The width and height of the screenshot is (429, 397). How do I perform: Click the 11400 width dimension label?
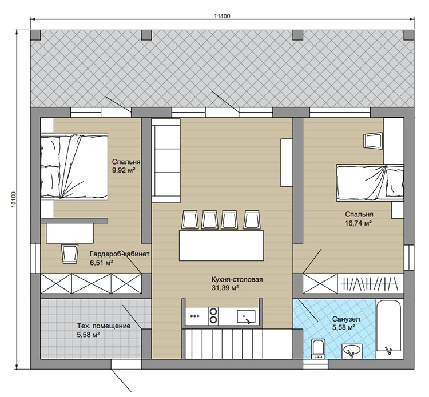tap(222, 16)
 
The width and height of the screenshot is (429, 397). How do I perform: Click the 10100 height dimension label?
tap(14, 200)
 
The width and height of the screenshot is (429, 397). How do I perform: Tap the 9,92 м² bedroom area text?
tap(124, 170)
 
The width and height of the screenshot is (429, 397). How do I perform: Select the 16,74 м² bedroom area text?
tap(358, 223)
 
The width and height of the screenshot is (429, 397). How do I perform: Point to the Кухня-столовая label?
tap(237, 279)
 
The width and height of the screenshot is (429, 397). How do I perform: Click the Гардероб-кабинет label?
tap(120, 254)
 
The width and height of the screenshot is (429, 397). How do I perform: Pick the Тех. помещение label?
tap(104, 326)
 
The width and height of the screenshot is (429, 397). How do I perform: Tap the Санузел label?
tap(346, 319)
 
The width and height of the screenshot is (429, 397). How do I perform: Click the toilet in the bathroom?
tap(318, 348)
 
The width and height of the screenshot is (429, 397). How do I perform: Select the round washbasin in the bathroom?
tap(352, 351)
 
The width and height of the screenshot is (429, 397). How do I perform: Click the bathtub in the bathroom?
tap(388, 328)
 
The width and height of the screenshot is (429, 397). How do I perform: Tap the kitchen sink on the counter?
tap(246, 316)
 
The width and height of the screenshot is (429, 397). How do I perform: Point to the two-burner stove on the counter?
tap(213, 316)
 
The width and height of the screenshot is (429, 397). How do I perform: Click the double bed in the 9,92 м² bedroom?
tap(74, 166)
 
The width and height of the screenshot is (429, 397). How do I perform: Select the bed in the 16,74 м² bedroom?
tap(370, 183)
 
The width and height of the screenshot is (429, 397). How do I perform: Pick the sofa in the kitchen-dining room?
tap(166, 161)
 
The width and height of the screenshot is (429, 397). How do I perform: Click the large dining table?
tap(221, 246)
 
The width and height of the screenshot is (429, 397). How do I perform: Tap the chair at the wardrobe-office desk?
tap(70, 254)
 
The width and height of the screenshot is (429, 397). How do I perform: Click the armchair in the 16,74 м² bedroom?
tap(372, 141)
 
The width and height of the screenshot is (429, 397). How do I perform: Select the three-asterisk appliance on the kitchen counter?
tap(195, 316)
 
